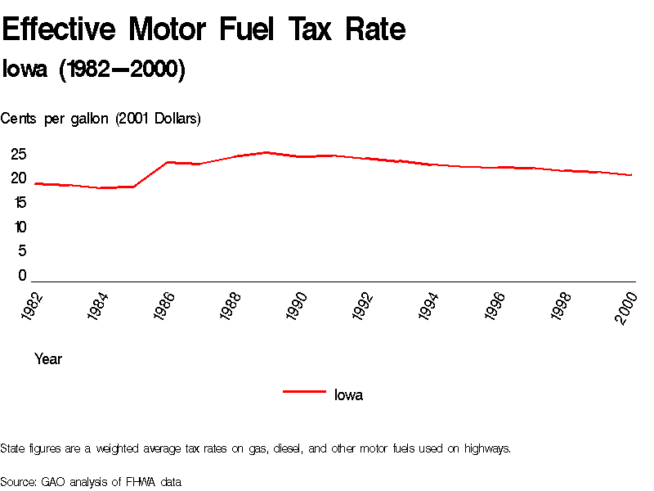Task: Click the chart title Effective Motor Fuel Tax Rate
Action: tap(204, 30)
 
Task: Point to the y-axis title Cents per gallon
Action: tap(101, 119)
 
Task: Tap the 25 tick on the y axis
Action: tap(19, 154)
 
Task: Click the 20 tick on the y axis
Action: tap(19, 178)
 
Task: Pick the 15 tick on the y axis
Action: tap(19, 202)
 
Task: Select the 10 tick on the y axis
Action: tap(19, 227)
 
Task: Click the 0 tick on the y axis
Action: tap(23, 276)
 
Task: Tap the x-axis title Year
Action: tap(48, 359)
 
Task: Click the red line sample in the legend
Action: tap(304, 392)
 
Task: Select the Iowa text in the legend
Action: tap(348, 395)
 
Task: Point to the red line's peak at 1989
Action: tap(267, 152)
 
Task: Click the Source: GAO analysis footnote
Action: tap(90, 481)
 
